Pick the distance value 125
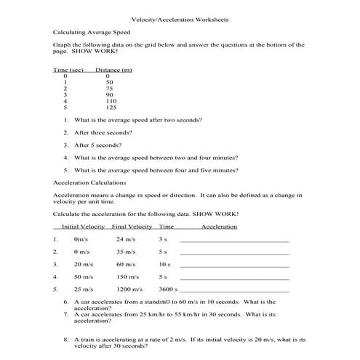point(110,107)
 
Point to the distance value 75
point(108,88)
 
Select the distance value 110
point(110,100)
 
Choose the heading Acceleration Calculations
point(90,183)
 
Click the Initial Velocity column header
point(85,226)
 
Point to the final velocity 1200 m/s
point(128,289)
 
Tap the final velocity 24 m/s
point(125,239)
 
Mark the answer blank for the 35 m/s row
point(233,253)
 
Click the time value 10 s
point(164,264)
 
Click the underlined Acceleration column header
point(219,226)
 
